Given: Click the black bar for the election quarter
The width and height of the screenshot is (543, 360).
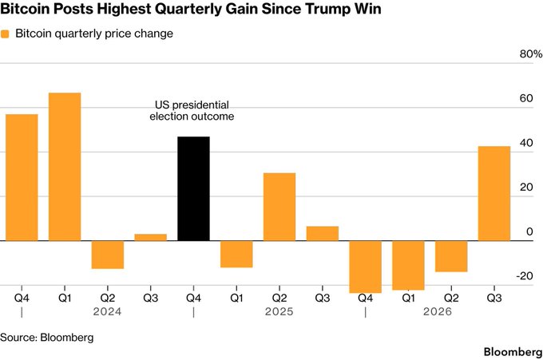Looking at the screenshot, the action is [193, 188].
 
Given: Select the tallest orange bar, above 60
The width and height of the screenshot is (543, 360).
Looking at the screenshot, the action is [65, 167].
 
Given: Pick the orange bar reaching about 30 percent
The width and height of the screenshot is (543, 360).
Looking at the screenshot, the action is [279, 207].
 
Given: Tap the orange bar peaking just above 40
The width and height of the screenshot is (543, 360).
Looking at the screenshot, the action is [494, 193].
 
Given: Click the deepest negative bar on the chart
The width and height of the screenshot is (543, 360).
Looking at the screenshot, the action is [366, 267].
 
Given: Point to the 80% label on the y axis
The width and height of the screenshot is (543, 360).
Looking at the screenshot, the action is [531, 54].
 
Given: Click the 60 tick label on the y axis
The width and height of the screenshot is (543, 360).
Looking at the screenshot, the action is [526, 98].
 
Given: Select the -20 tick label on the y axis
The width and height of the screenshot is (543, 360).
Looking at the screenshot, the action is [525, 276].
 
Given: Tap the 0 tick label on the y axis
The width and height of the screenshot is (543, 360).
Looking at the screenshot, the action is [529, 231].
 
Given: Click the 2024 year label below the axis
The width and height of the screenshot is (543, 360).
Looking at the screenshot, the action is [107, 311].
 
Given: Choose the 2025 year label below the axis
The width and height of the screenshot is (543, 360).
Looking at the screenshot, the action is [279, 311].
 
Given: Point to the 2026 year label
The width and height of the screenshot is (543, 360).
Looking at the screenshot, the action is [438, 311].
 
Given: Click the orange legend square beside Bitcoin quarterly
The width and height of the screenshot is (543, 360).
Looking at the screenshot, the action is [5, 34].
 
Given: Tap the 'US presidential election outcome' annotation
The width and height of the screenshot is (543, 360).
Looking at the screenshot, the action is [192, 110].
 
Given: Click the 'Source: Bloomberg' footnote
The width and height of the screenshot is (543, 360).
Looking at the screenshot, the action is [47, 337].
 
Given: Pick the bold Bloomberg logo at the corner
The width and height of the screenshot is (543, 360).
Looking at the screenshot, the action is [513, 352].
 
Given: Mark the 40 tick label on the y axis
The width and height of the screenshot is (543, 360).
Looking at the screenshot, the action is [526, 143].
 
